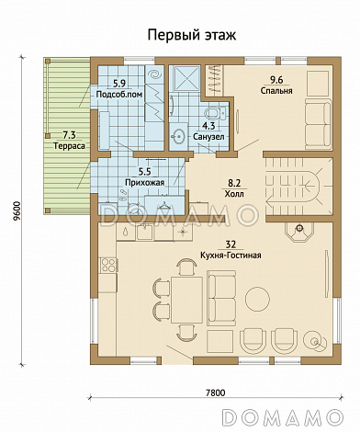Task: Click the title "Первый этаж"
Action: pos(192,36)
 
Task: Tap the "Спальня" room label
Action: pos(276,91)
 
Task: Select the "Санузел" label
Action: pos(208,136)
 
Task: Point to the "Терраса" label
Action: pos(69,146)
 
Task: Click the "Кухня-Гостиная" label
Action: pos(231,255)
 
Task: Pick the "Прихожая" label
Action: pos(145,182)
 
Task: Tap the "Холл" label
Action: pos(234,194)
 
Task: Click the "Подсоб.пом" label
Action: pos(119,94)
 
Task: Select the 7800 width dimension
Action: pos(216,392)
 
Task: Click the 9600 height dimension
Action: pos(17,211)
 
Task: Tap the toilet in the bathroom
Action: pos(216,113)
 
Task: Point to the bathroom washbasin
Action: pos(177,137)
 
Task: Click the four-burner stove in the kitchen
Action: pos(108,265)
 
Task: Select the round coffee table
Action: pos(257,299)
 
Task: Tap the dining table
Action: pos(186,300)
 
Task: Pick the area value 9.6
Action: pos(276,80)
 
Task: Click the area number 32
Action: pos(231,244)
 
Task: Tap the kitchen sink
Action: pos(145,232)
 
